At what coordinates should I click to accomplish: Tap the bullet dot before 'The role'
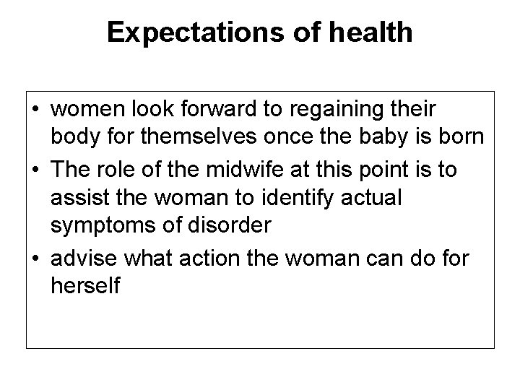point(36,168)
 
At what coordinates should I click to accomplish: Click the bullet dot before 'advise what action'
point(36,254)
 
